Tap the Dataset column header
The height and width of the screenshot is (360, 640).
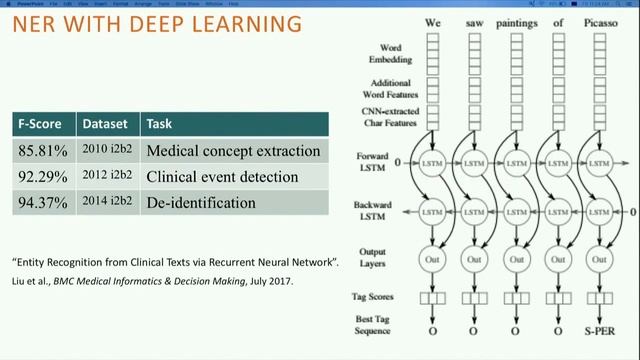[104, 125]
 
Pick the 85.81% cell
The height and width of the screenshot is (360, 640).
[42, 151]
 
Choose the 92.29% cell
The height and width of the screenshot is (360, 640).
[42, 177]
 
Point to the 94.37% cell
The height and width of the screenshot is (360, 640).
[42, 203]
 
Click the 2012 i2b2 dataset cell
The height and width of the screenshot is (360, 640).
[107, 177]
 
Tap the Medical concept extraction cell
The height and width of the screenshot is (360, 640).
[232, 151]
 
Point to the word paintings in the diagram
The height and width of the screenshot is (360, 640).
[516, 20]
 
